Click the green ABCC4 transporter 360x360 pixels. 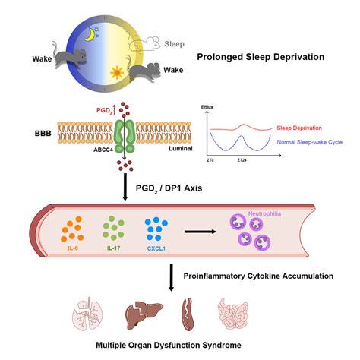click(x=125, y=134)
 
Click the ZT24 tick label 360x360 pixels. click(x=241, y=162)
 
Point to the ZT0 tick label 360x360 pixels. click(x=210, y=162)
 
